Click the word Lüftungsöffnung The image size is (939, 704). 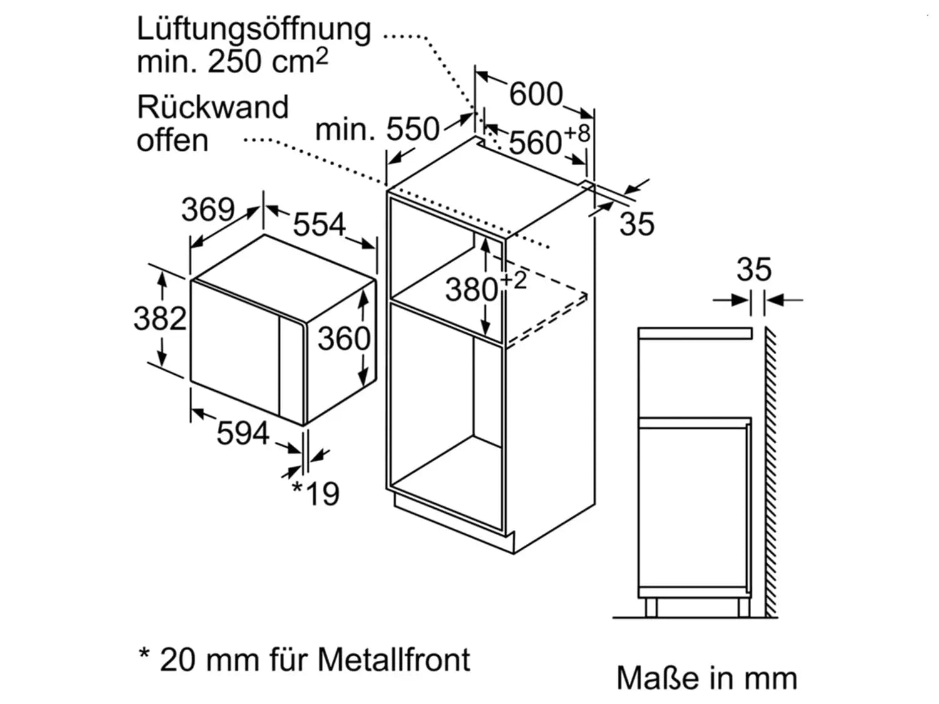(254, 30)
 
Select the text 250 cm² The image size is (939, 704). (268, 61)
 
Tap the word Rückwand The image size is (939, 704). (213, 107)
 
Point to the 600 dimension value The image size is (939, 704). (536, 94)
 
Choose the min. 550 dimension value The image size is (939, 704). (377, 129)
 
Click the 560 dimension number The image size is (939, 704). (535, 142)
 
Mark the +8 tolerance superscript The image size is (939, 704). (577, 133)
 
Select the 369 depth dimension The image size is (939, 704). (208, 209)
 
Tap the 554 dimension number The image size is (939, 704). (319, 224)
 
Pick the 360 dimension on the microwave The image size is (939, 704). (344, 339)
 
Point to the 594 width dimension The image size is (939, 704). (243, 433)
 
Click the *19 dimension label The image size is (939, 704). (316, 494)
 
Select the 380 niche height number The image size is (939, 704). (471, 290)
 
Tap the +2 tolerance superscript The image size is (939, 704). (513, 281)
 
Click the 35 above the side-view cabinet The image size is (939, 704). (754, 269)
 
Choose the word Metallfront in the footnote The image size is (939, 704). (394, 660)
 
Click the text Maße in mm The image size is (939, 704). (707, 678)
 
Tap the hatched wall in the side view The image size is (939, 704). (771, 472)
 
